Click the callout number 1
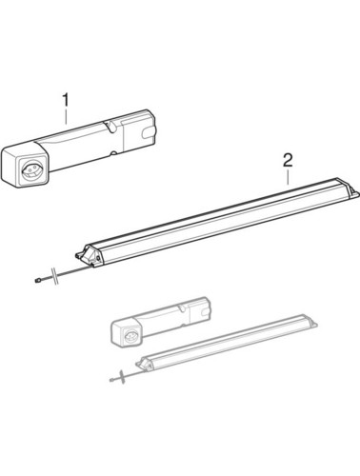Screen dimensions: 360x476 66,100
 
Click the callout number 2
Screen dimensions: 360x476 288,161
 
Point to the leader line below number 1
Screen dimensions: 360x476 66,116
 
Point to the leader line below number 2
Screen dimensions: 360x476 288,177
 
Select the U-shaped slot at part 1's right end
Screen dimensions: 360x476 149,134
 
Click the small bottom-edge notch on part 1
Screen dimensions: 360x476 113,154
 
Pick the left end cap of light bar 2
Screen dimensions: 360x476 90,255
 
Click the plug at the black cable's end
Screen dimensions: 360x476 37,280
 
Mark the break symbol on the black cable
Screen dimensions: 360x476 55,276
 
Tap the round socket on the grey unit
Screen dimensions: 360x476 130,335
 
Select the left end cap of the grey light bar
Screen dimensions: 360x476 144,363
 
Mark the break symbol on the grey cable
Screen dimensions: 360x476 121,377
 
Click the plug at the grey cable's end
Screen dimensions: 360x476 110,380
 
